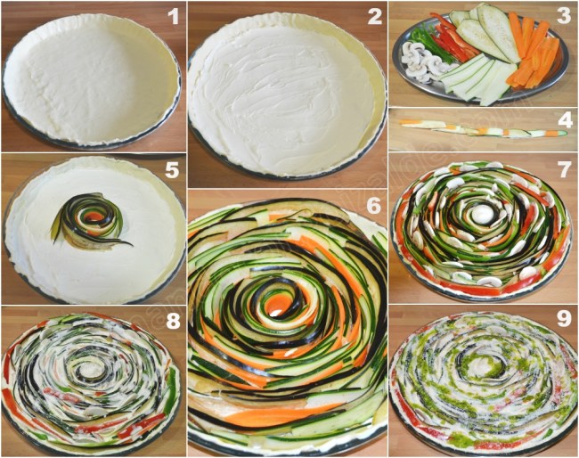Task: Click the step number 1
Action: [x=173, y=15]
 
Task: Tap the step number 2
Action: [x=375, y=15]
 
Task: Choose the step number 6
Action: [x=373, y=206]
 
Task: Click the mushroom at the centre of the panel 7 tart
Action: [x=481, y=214]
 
